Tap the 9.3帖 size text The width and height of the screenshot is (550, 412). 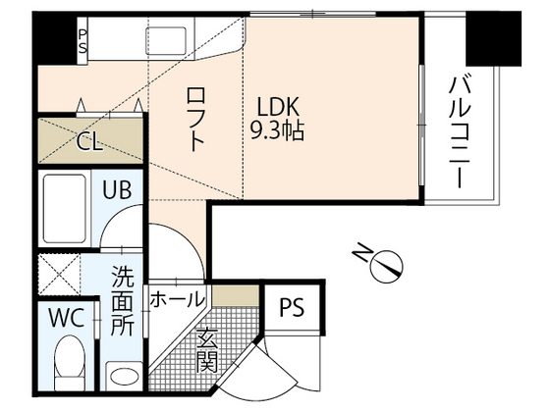tap(278, 129)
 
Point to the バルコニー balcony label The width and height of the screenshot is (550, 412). tap(458, 129)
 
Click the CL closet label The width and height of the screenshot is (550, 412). tap(89, 141)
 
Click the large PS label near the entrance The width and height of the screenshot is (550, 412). tap(291, 308)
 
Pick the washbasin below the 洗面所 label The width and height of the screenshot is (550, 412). tap(124, 375)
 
